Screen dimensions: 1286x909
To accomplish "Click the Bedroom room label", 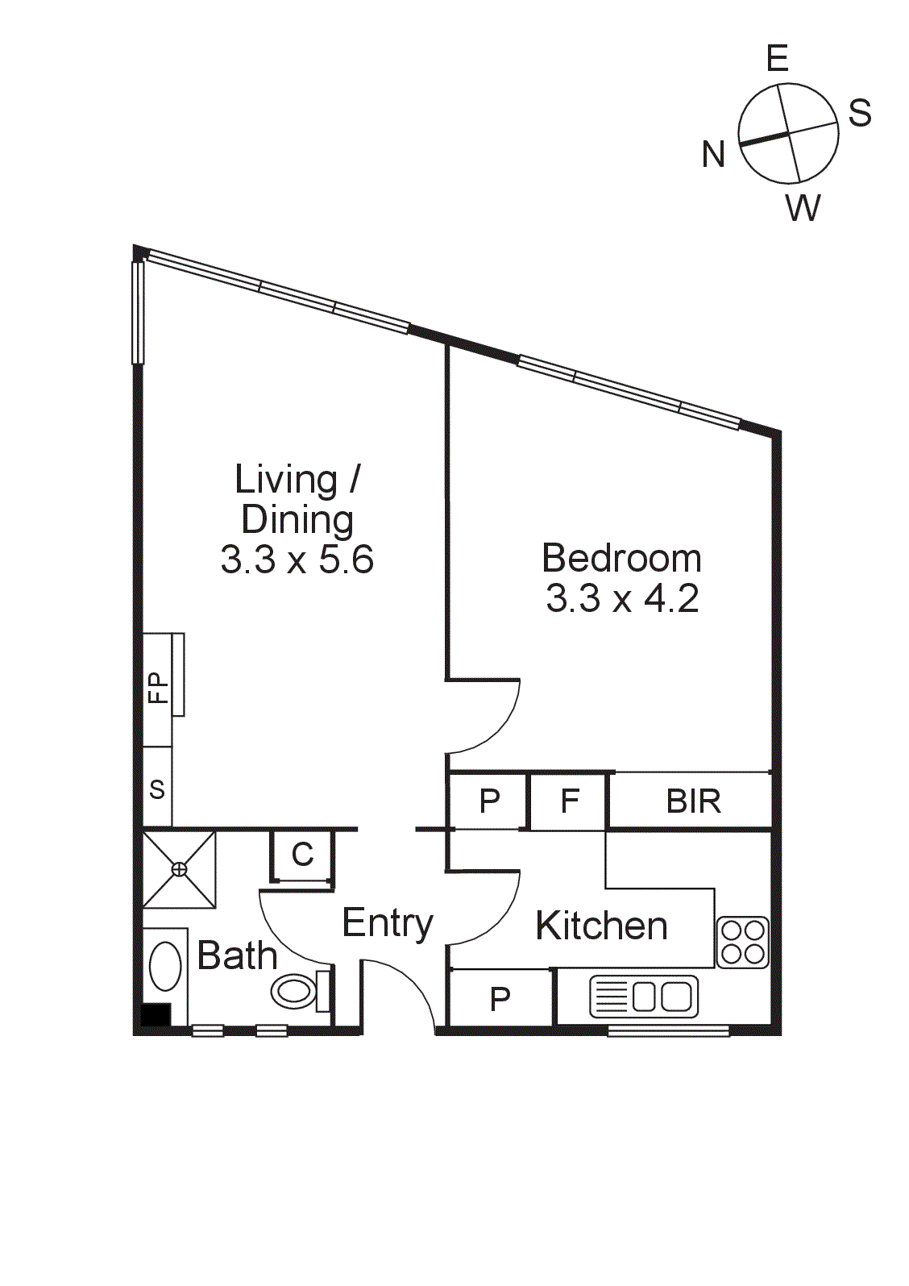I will coord(621,558).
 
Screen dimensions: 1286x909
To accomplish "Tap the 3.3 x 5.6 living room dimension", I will coord(297,560).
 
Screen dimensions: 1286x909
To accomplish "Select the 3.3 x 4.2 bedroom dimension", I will coord(622,598).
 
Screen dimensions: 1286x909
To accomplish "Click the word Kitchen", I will coord(601,926).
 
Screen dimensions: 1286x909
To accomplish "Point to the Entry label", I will coord(388,923).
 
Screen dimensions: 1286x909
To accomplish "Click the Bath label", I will coord(237,955).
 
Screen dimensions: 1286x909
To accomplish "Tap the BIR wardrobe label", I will coord(693,801).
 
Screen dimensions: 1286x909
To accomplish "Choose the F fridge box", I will coord(569,801).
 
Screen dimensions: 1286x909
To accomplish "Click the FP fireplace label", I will coord(159,688).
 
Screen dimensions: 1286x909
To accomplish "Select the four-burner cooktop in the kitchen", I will coord(742,942).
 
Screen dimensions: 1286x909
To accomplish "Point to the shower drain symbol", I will coord(179,869).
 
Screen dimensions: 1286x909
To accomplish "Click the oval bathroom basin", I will coord(166,966).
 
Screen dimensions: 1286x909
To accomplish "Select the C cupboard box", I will coord(302,855).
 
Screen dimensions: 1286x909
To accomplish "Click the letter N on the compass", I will coord(713,154).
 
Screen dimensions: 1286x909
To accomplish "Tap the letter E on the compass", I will coord(777,59).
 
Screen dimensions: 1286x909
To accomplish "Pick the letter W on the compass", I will coord(803,208).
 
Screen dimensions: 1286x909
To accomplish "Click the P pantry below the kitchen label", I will coord(500,999).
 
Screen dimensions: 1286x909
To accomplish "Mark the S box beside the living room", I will coord(157,789).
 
